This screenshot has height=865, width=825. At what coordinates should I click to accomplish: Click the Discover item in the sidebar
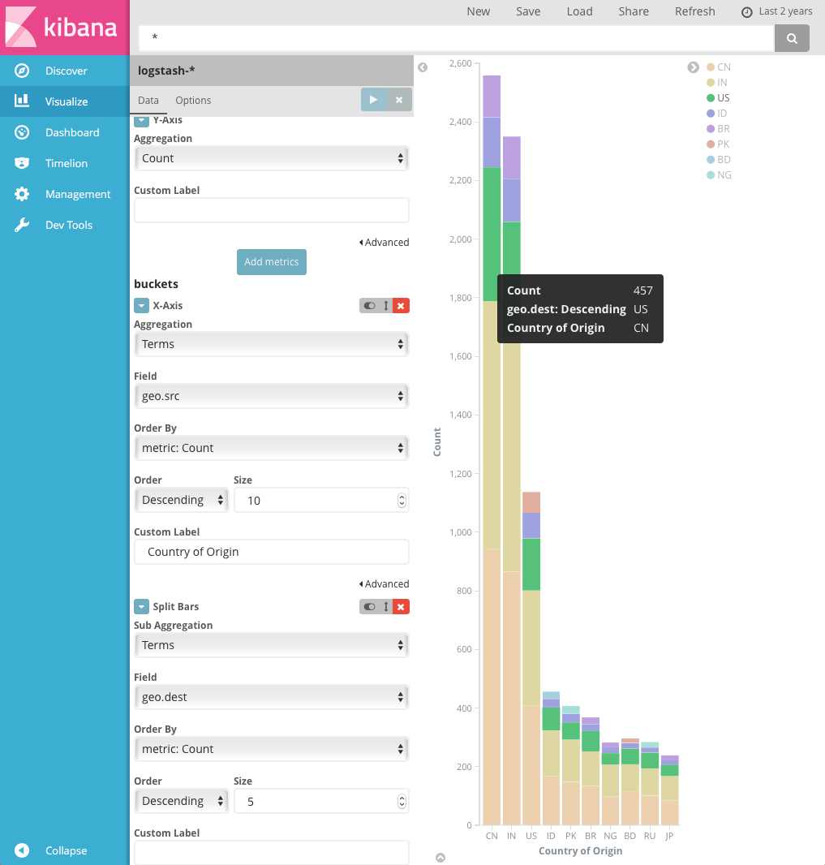pyautogui.click(x=65, y=71)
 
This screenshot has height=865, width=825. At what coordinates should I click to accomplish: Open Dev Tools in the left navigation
pyautogui.click(x=68, y=226)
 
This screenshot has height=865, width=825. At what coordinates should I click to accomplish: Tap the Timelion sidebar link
pyautogui.click(x=66, y=164)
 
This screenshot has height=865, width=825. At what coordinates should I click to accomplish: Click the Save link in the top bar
pyautogui.click(x=528, y=11)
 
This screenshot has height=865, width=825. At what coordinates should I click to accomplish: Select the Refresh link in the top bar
pyautogui.click(x=694, y=11)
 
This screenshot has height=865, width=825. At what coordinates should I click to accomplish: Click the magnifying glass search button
pyautogui.click(x=792, y=38)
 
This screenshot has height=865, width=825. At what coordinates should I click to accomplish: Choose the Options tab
pyautogui.click(x=193, y=101)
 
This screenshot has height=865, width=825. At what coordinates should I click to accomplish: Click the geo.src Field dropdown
pyautogui.click(x=271, y=396)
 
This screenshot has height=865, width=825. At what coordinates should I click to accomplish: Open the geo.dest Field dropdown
pyautogui.click(x=271, y=697)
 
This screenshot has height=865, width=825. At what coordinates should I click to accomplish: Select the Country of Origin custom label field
pyautogui.click(x=271, y=552)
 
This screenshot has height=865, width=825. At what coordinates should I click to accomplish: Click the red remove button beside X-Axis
pyautogui.click(x=402, y=306)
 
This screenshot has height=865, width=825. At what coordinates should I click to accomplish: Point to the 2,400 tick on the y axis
pyautogui.click(x=460, y=122)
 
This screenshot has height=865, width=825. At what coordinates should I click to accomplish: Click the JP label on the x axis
pyautogui.click(x=668, y=836)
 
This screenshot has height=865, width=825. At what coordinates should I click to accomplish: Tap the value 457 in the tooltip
pyautogui.click(x=642, y=290)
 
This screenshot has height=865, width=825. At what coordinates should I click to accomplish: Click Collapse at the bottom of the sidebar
pyautogui.click(x=66, y=851)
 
